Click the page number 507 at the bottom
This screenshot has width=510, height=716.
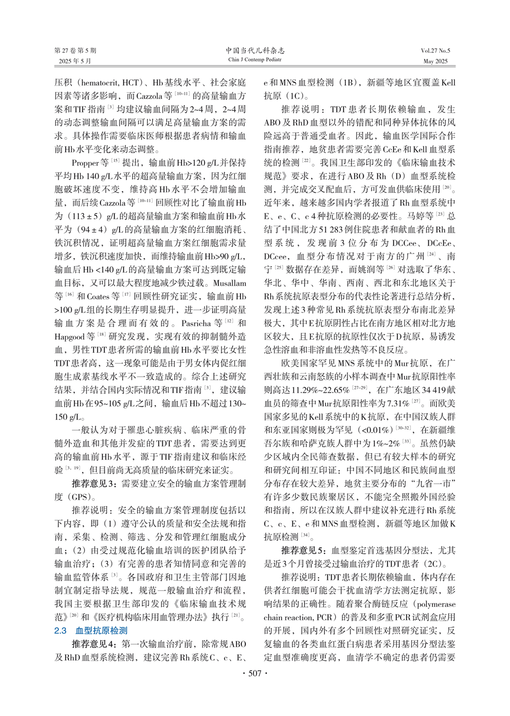click(x=255, y=673)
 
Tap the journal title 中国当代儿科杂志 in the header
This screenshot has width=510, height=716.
click(x=255, y=51)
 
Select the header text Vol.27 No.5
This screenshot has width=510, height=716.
click(x=435, y=51)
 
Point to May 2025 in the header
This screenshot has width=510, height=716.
click(x=435, y=61)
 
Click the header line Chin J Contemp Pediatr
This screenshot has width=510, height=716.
click(x=255, y=60)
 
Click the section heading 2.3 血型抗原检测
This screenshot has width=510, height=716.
click(x=91, y=630)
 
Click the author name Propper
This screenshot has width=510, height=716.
click(x=85, y=163)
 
